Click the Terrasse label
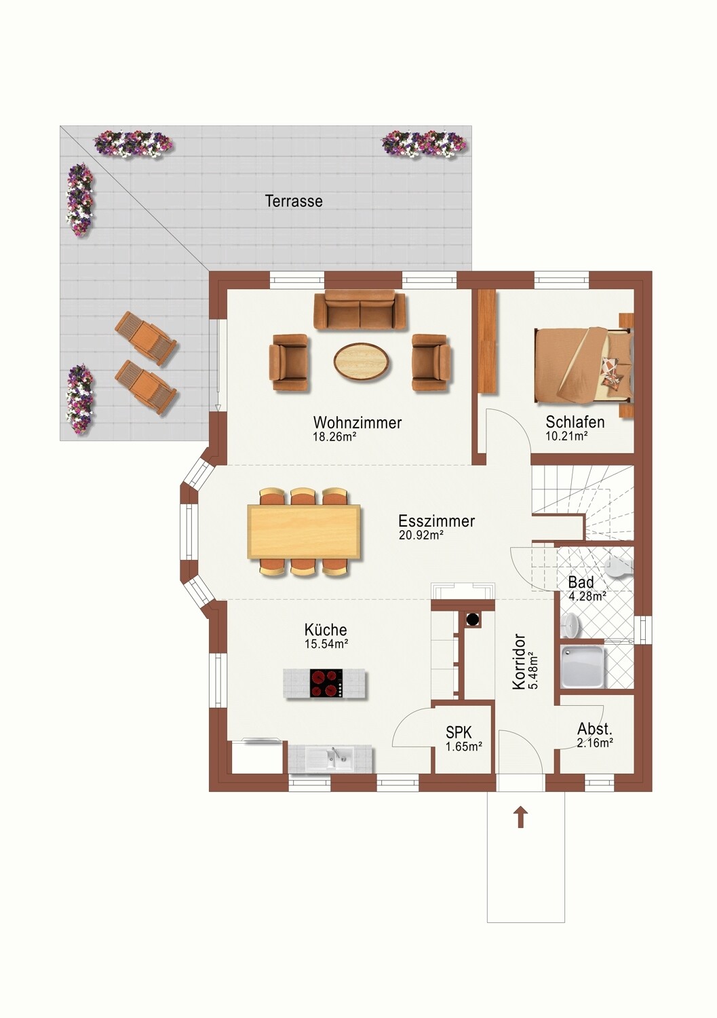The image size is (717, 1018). pos(294,202)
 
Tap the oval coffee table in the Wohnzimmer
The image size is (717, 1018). pos(362,360)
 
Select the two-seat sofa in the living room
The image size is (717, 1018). pos(360,309)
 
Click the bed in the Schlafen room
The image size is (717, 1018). pos(584,364)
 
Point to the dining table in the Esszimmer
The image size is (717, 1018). pos(304,531)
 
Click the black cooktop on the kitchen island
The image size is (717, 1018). pos(326,683)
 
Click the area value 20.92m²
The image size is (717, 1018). pos(421,535)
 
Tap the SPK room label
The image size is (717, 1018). pos(459,732)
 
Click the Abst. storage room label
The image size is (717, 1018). pos(595,729)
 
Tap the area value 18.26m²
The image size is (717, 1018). pos(334,437)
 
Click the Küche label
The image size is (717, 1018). pos(326,630)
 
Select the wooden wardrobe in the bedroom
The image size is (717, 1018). pos(488,341)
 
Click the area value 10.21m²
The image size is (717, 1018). pos(567,436)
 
